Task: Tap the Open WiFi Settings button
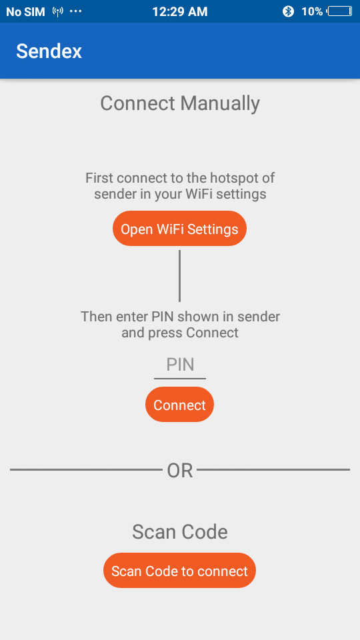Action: coord(179,229)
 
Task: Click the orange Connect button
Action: coord(179,405)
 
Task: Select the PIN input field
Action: coord(180,365)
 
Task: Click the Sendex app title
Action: coord(49,51)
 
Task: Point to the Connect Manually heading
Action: coord(180,103)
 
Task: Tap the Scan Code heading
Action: coord(180,532)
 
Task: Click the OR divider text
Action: coord(180,471)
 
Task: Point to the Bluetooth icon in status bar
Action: coord(288,11)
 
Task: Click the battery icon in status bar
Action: coord(340,11)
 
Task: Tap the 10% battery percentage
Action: coord(312,11)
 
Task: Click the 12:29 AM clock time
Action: coord(180,11)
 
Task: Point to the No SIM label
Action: coord(25,12)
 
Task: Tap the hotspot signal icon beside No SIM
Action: coord(58,11)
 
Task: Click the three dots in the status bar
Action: coord(76,11)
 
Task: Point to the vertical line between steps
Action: coord(179,276)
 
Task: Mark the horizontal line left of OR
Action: coord(86,470)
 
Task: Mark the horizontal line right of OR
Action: coord(273,470)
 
